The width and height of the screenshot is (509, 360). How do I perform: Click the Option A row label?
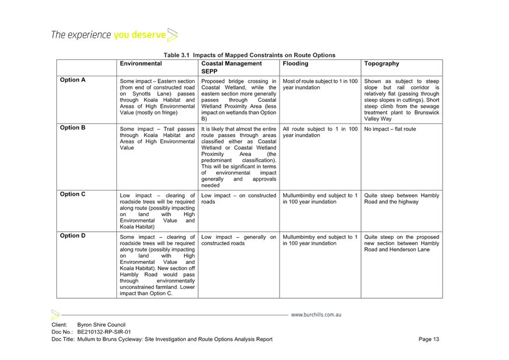(73, 80)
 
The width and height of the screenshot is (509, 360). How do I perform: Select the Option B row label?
(73, 128)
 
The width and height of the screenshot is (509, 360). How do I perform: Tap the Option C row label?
(73, 194)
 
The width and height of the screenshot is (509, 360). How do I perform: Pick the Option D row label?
(73, 236)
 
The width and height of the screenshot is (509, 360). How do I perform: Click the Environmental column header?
(141, 63)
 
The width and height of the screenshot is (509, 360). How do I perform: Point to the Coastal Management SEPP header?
(231, 68)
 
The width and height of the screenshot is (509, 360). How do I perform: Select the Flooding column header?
(295, 63)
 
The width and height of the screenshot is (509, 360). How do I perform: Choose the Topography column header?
(381, 63)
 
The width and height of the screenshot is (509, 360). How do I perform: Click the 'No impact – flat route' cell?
(390, 129)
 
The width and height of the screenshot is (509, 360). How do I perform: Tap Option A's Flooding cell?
(320, 84)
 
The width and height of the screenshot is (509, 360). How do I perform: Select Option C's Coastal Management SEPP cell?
(239, 199)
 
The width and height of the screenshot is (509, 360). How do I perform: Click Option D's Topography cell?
(402, 243)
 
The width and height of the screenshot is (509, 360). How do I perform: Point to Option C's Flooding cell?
(320, 199)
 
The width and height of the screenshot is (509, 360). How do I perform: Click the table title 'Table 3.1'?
(176, 55)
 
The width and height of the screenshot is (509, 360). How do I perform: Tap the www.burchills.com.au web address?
(316, 315)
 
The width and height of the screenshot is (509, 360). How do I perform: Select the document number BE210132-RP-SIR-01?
(104, 332)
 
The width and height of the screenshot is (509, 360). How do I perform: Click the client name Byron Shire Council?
(101, 325)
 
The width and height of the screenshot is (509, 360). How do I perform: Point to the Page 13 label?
(429, 339)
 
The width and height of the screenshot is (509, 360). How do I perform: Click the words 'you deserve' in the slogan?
(140, 35)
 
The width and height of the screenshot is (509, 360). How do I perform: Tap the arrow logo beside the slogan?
(172, 35)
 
